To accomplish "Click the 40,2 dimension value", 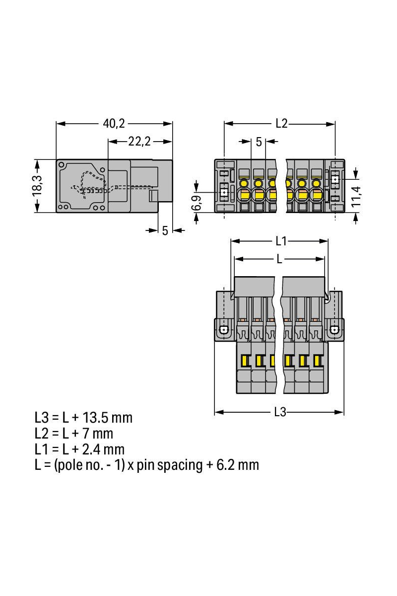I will click(x=114, y=124).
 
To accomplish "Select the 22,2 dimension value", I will click(x=139, y=142).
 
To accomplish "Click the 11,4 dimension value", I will click(x=356, y=195).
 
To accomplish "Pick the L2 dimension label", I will click(x=281, y=124).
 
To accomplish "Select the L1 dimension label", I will click(x=281, y=241).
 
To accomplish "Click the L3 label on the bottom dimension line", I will click(x=280, y=412).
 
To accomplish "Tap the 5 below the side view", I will click(x=165, y=231).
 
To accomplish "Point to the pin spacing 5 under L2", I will click(x=259, y=142).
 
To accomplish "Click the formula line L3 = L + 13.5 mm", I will click(x=83, y=417).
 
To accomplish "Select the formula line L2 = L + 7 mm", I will click(x=74, y=433).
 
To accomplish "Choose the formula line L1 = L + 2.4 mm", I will click(x=79, y=449).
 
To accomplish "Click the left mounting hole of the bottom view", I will click(x=224, y=329).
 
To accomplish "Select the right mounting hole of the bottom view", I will click(x=335, y=329).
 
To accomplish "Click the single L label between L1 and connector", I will click(x=280, y=259).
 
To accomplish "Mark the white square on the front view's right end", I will click(x=335, y=179).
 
